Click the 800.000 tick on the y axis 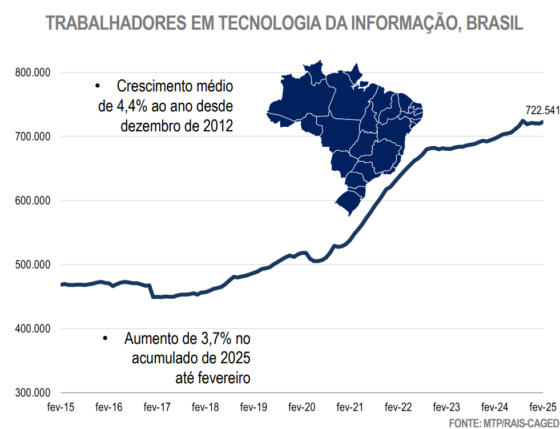tap(33, 73)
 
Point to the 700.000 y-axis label tap(33, 137)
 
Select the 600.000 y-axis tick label tap(33, 201)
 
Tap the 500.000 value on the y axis tap(33, 264)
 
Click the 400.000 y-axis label tap(33, 328)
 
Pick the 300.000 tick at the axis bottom tap(33, 393)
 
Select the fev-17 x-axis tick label tap(157, 407)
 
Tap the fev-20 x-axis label tap(301, 407)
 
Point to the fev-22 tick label tap(398, 407)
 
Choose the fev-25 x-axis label tap(542, 407)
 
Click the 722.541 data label tap(542, 110)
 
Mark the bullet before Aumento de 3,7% tap(105, 339)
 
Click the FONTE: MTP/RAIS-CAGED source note tap(503, 423)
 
